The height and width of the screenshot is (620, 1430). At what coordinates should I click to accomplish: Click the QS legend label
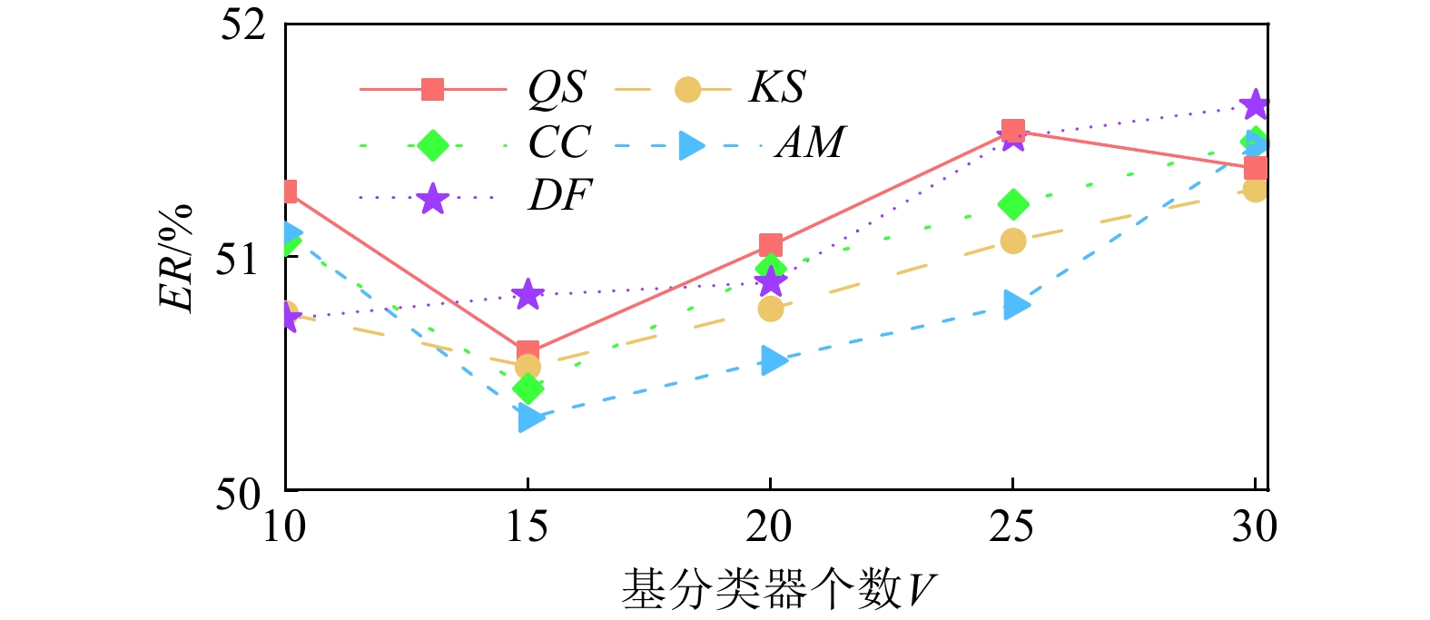tap(557, 88)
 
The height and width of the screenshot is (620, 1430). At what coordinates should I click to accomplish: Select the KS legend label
tap(776, 87)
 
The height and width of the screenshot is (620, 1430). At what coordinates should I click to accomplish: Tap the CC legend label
tap(559, 143)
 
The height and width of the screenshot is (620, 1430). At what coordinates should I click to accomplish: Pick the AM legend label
tap(810, 143)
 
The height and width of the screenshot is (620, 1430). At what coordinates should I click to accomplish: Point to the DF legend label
tap(559, 195)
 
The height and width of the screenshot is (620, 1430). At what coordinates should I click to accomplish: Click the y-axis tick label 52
tap(243, 25)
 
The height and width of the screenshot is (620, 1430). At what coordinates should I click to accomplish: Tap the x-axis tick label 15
tap(528, 527)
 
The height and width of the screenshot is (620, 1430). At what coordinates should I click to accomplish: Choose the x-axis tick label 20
tap(770, 527)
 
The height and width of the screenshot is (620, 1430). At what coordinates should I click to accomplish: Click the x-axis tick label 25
tap(1012, 527)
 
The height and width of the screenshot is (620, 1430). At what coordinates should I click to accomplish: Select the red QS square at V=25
tap(1013, 131)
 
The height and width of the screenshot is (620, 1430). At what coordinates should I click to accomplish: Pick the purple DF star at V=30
tap(1255, 104)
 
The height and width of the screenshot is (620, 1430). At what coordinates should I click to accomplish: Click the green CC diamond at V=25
tap(1013, 204)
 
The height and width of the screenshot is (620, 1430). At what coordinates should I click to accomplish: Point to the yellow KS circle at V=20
tap(770, 309)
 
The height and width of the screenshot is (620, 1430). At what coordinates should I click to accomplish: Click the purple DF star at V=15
tap(528, 294)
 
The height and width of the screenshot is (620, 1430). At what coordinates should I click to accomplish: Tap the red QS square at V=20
tap(771, 244)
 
